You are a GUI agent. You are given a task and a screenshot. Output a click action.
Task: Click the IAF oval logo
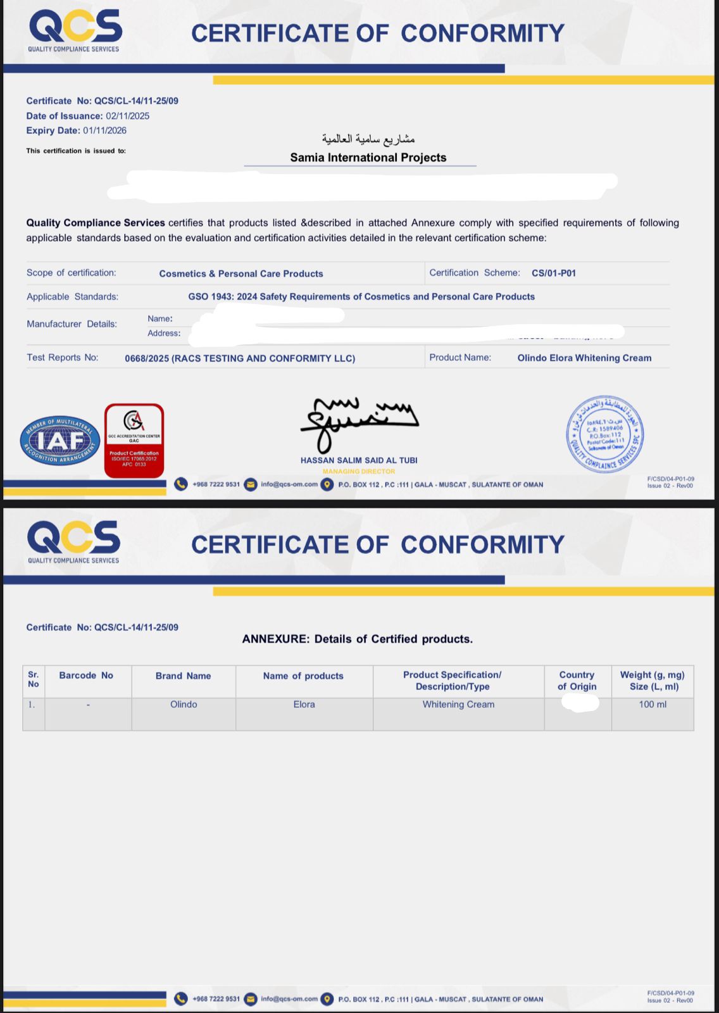tap(60, 441)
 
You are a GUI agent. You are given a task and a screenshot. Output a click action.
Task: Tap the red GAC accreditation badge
tap(134, 440)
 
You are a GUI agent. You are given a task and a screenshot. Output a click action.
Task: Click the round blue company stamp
tap(604, 434)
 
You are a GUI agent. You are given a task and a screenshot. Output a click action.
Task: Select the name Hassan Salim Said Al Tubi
tap(359, 460)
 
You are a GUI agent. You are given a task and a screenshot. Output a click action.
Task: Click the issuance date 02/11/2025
tap(127, 116)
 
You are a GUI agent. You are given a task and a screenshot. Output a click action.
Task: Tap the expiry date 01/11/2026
tap(104, 130)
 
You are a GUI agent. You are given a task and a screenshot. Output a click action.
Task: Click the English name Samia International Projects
tap(368, 158)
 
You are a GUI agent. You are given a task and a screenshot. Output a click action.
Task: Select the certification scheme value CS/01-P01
tap(553, 274)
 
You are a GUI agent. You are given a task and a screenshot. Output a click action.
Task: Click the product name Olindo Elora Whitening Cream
tap(584, 358)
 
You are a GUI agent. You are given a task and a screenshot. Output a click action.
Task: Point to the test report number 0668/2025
tap(147, 358)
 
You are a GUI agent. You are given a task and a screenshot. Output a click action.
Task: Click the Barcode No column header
tap(86, 676)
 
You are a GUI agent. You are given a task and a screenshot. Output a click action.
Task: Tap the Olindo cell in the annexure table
tap(184, 705)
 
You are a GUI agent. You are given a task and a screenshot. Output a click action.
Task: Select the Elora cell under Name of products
tap(304, 705)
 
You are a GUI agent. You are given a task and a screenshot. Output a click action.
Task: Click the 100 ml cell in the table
tap(653, 705)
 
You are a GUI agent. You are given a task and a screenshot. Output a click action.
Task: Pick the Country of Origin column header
tap(577, 681)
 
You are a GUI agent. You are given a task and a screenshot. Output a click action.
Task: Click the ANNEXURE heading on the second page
tap(357, 639)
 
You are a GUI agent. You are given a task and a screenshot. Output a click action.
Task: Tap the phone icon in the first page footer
tap(181, 484)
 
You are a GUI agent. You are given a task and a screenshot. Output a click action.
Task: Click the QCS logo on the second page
tap(74, 541)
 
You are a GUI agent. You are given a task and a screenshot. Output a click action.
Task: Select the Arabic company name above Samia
tap(368, 139)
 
